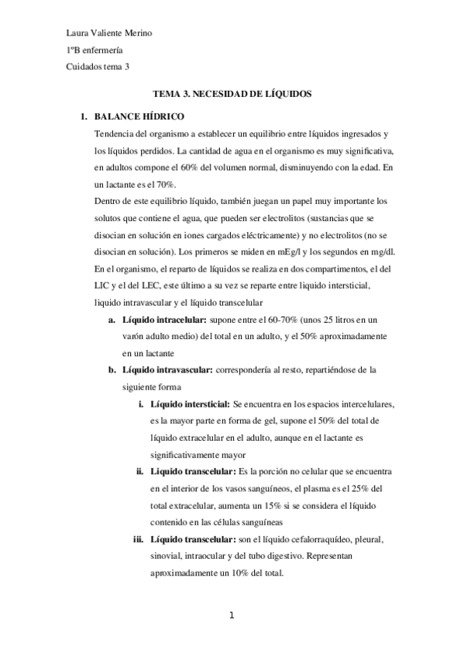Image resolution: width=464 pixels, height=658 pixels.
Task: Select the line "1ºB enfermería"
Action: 96,50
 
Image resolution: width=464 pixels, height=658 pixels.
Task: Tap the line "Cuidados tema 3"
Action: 98,67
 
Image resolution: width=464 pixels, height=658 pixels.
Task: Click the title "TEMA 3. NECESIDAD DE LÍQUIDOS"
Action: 232,92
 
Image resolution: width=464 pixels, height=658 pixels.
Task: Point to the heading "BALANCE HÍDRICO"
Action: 138,117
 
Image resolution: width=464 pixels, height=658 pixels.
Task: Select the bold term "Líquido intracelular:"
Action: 163,319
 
